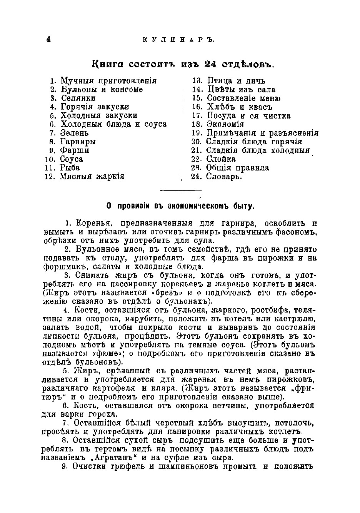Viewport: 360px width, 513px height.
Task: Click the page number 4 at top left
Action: (48, 40)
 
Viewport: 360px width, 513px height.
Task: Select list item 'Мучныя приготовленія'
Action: (108, 81)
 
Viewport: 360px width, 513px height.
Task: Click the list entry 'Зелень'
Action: (75, 133)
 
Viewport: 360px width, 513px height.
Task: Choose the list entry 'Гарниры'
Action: (78, 142)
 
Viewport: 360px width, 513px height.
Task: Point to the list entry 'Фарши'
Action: (75, 150)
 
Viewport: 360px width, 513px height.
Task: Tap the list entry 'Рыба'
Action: (70, 168)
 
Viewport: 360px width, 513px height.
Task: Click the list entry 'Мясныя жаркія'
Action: (92, 177)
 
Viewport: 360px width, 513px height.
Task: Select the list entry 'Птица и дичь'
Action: (236, 81)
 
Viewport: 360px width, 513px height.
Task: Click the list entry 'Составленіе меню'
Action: (243, 98)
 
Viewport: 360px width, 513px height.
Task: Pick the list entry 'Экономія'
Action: (225, 124)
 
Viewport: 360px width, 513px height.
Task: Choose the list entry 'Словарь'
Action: (224, 177)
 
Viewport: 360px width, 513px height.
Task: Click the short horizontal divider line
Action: (180, 190)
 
